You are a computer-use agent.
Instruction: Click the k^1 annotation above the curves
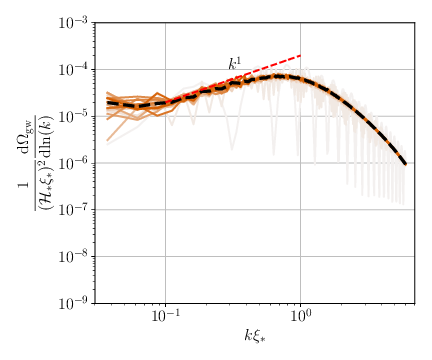[x=234, y=65]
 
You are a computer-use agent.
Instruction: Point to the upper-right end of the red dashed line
[x=300, y=55]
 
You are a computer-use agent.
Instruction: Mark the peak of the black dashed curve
[x=281, y=76]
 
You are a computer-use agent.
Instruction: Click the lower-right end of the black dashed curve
[x=405, y=164]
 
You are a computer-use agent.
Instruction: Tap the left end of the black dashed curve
[x=107, y=103]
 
